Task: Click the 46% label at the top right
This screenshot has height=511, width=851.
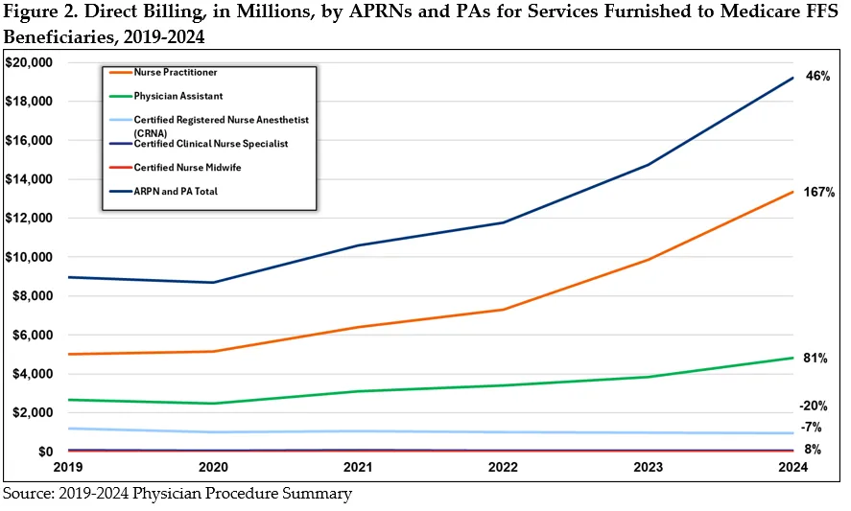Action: [x=818, y=76]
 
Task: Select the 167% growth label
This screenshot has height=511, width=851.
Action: [x=819, y=193]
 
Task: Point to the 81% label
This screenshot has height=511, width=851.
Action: [x=816, y=359]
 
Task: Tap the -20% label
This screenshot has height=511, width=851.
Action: [x=814, y=406]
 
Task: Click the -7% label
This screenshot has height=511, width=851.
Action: [x=811, y=427]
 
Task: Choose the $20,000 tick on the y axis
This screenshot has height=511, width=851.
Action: [x=29, y=62]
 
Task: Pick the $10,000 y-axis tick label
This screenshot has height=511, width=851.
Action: [x=29, y=257]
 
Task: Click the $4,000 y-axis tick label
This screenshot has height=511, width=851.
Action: [x=32, y=374]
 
